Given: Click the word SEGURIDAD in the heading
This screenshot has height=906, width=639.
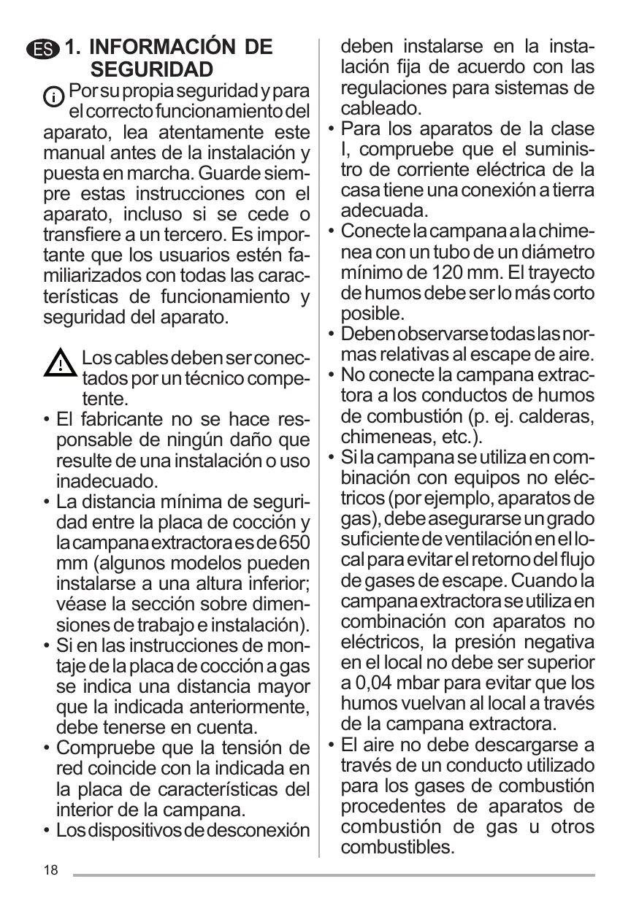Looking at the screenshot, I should [x=152, y=70].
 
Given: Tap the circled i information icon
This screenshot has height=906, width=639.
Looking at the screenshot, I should [x=54, y=96].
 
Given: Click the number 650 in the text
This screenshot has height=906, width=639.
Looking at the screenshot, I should [x=293, y=544].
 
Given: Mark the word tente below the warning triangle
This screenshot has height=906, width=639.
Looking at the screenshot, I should [x=103, y=399].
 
